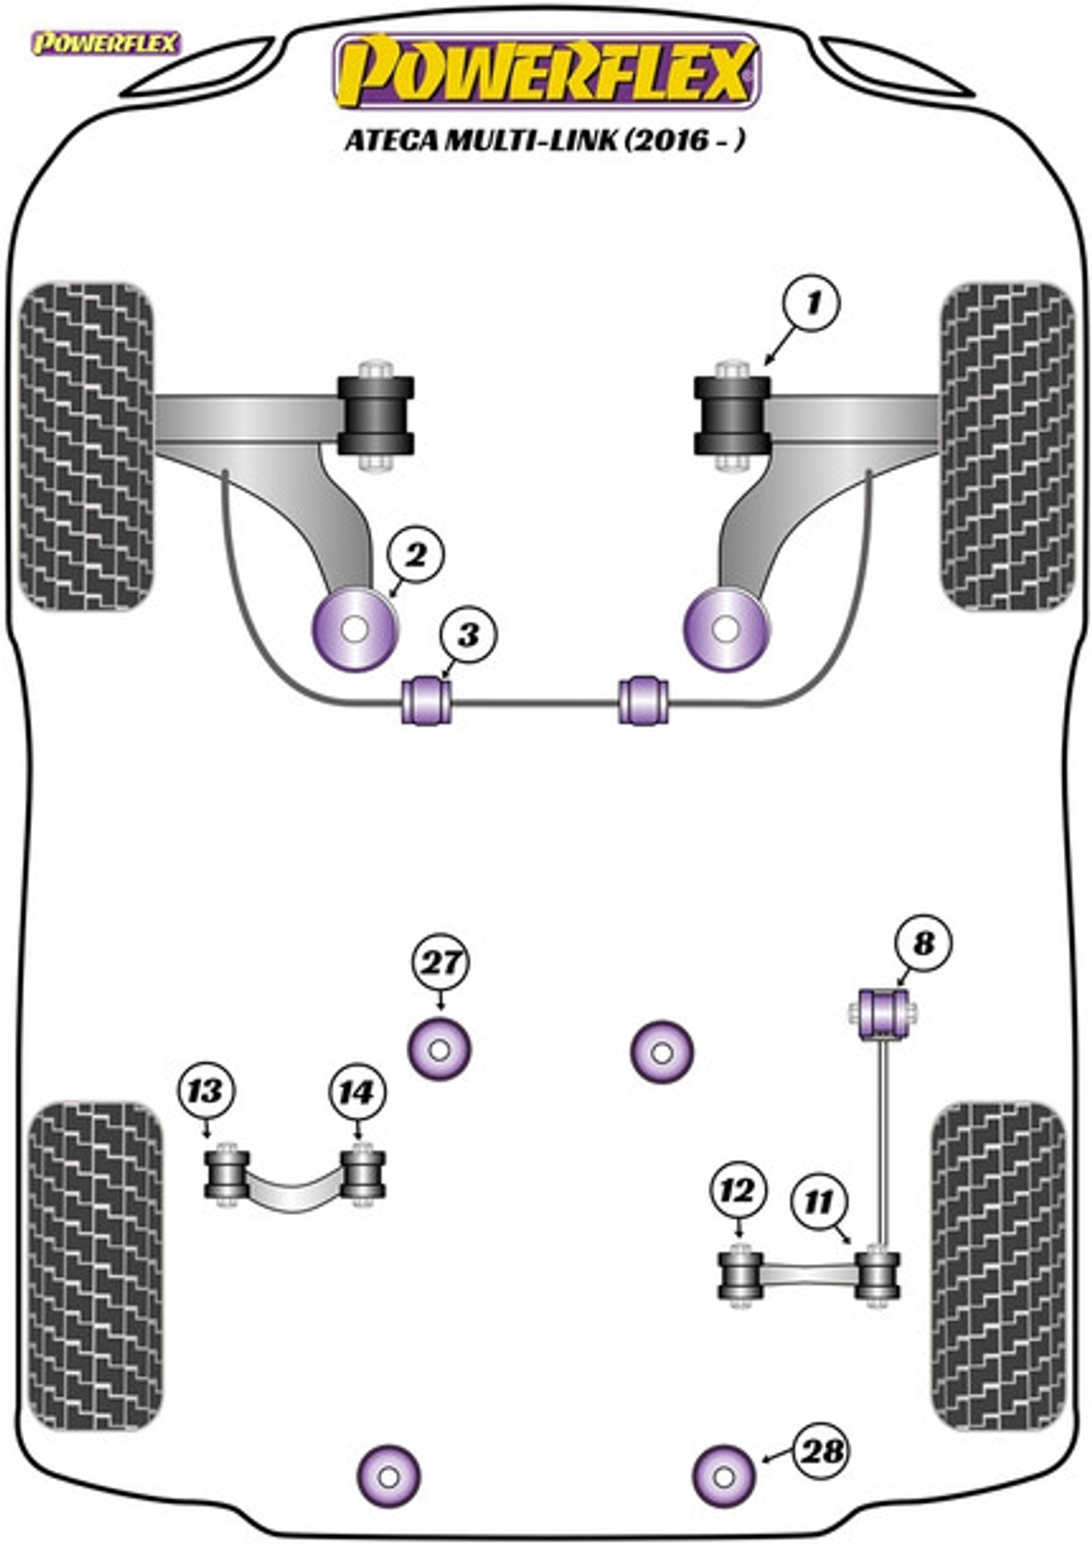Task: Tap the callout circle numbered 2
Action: [415, 556]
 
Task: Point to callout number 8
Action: [923, 943]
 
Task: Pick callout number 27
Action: [440, 963]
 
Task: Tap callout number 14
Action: [357, 1093]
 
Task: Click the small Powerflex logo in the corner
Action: [106, 44]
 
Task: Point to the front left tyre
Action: [86, 446]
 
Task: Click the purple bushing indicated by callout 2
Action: [355, 630]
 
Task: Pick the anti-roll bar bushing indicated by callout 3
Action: [428, 701]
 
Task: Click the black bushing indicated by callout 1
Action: [733, 415]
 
